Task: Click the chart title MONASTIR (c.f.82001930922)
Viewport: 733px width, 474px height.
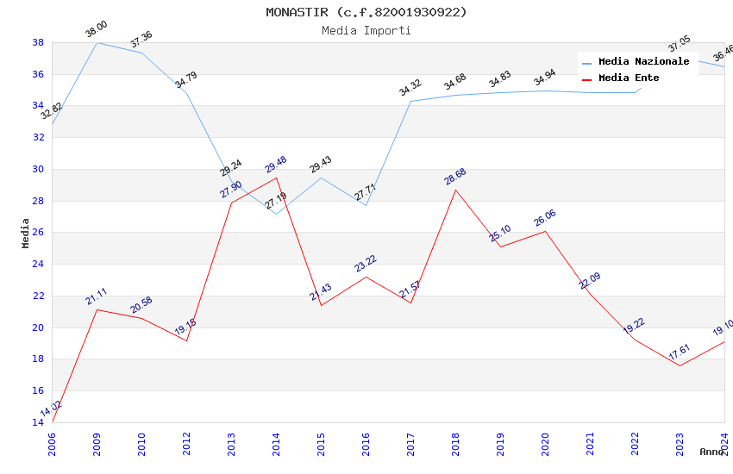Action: pyautogui.click(x=366, y=12)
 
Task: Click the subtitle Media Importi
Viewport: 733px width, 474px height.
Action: pyautogui.click(x=366, y=30)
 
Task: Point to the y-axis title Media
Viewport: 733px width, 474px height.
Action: pyautogui.click(x=26, y=233)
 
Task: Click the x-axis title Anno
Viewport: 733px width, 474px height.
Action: pyautogui.click(x=711, y=452)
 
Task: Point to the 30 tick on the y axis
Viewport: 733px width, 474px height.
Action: pyautogui.click(x=38, y=169)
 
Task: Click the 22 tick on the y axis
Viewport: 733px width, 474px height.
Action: pyautogui.click(x=38, y=296)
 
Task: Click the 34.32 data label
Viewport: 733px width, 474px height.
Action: pyautogui.click(x=410, y=88)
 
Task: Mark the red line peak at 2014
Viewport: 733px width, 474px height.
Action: pyautogui.click(x=276, y=178)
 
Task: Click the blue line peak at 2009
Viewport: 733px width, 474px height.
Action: pyautogui.click(x=97, y=42)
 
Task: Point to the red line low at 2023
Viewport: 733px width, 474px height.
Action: pyautogui.click(x=680, y=365)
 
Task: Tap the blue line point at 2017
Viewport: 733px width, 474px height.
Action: pyautogui.click(x=410, y=101)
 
